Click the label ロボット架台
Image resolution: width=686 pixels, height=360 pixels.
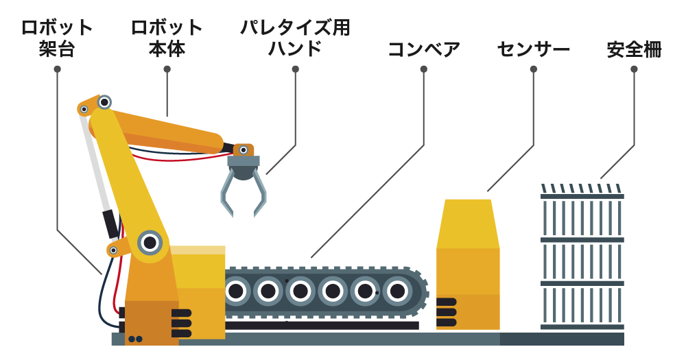click(57, 38)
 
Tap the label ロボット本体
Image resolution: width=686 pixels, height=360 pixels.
click(167, 38)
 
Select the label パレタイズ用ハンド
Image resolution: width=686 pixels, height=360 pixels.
click(295, 38)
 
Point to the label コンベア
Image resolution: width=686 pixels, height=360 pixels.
click(423, 49)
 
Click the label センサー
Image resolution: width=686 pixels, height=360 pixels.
click(533, 49)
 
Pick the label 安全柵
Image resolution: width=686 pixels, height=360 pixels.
click(634, 49)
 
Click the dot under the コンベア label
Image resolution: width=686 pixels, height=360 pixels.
click(424, 69)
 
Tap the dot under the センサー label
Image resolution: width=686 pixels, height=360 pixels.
click(534, 69)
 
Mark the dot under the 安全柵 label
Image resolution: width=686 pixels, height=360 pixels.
click(634, 69)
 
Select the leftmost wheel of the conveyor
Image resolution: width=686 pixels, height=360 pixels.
click(235, 291)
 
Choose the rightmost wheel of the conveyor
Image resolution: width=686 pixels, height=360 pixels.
click(397, 291)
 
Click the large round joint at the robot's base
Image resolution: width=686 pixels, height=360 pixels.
click(150, 242)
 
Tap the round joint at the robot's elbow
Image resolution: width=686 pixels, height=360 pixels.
click(104, 102)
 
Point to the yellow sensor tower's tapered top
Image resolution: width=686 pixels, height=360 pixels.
click(468, 223)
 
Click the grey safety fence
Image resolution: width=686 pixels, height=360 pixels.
click(582, 261)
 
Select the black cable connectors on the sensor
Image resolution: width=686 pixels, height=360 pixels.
click(446, 312)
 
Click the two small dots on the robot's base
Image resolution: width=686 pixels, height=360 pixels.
click(135, 339)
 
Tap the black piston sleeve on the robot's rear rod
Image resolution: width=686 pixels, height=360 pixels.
click(110, 224)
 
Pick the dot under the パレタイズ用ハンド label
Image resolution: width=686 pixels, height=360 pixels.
click(296, 69)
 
